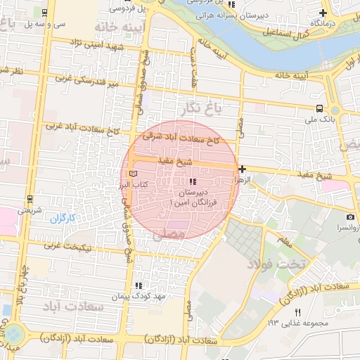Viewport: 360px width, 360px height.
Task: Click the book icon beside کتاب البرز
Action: [134, 173]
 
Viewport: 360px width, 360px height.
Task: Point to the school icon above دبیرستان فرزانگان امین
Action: [193, 182]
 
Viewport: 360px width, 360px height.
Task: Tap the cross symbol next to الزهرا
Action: [242, 169]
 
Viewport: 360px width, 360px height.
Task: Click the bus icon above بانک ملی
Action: [320, 108]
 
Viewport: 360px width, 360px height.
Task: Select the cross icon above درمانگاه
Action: [323, 13]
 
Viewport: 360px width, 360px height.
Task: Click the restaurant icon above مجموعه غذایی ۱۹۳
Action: [297, 312]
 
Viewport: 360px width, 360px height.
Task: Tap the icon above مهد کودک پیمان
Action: [139, 285]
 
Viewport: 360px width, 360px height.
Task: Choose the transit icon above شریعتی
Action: [29, 199]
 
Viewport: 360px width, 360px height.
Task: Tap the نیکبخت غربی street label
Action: [74, 246]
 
